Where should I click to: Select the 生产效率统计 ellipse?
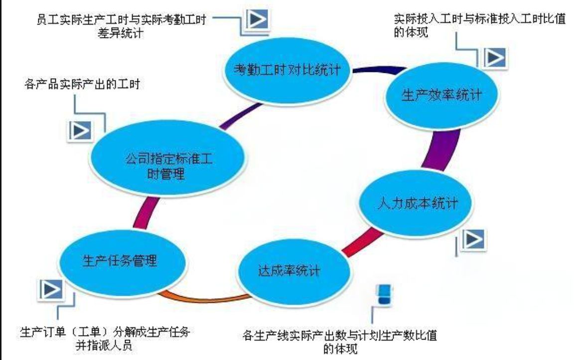441,95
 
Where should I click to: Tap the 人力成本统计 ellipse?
416,203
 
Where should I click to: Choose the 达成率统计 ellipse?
293,271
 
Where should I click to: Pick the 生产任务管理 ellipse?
122,262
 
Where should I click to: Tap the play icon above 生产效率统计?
495,57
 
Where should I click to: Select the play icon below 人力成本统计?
473,239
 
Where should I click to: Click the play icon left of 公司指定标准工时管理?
80,131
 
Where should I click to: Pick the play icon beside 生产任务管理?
51,289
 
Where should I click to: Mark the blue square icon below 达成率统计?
384,294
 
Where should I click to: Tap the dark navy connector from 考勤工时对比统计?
378,69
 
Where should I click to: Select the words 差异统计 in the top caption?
121,33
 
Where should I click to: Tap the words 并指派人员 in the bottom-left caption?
104,346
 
